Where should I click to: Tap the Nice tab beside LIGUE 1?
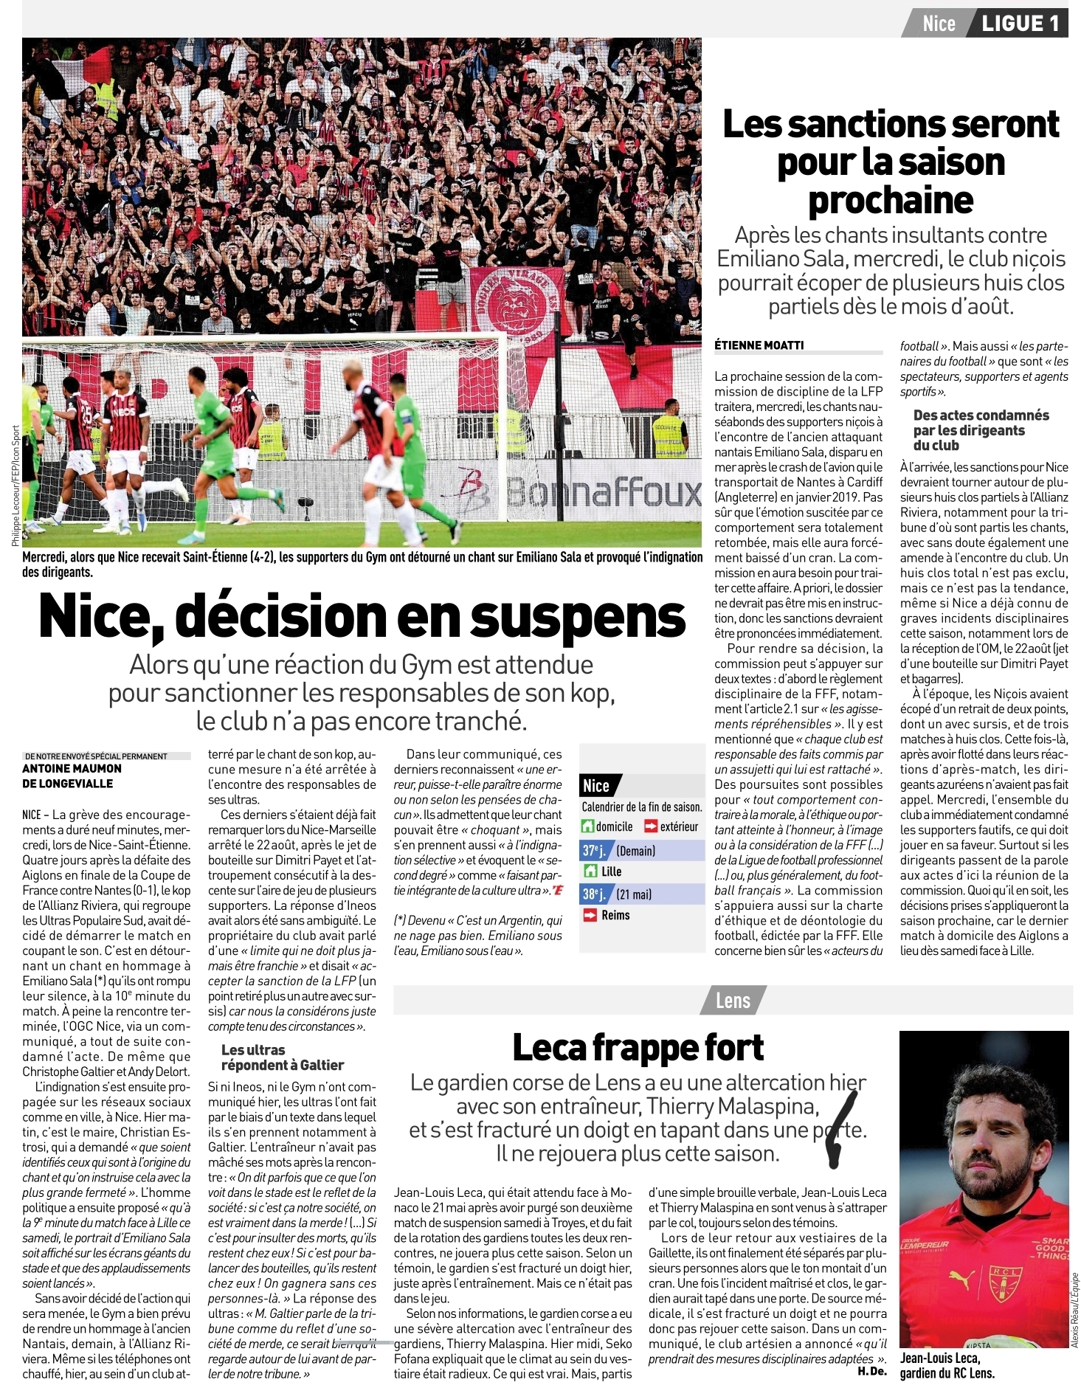(939, 24)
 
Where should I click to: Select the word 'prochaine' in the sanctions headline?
(891, 200)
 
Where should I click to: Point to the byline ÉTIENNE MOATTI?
(759, 345)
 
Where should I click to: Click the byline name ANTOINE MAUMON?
(72, 768)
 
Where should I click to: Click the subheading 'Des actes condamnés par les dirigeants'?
(981, 429)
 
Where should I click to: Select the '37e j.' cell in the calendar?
(594, 851)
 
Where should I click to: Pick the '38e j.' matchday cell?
(594, 894)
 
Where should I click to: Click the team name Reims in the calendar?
(615, 915)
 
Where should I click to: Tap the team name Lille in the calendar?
(611, 871)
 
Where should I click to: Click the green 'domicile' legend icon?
(588, 826)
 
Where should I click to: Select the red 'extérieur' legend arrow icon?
(651, 826)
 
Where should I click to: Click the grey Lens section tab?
(733, 1001)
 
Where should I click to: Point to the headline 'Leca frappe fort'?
(638, 1047)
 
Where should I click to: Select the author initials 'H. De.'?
(871, 1371)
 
